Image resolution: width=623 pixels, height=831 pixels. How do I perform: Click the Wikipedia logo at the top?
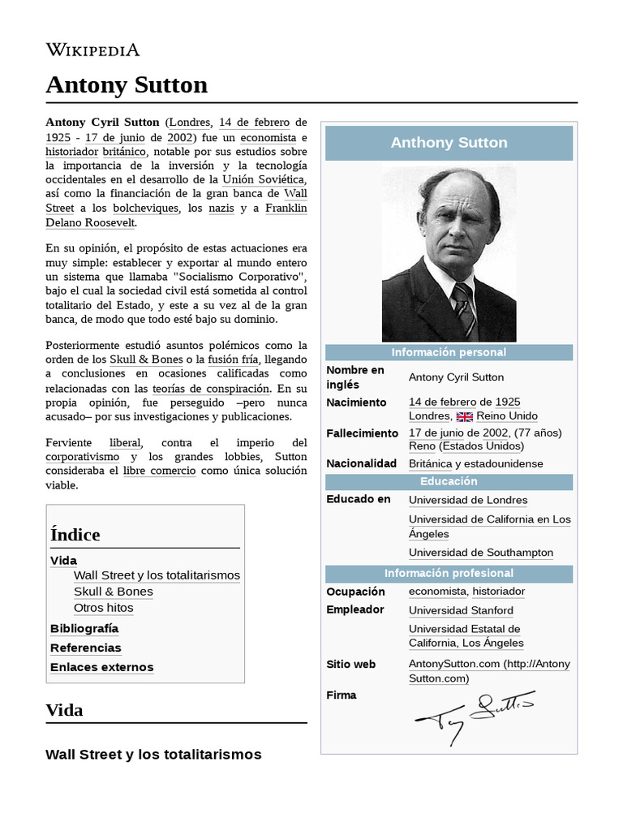point(92,50)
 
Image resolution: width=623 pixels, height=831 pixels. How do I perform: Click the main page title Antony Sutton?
point(127,85)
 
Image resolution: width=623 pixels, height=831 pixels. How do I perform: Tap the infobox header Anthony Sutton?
point(449,143)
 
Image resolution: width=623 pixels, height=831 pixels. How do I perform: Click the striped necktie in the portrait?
point(465,308)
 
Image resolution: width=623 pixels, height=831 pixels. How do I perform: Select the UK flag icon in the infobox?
point(464,416)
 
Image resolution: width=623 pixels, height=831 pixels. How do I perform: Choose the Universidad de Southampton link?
point(480,553)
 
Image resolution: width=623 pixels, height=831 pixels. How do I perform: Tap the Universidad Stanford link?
point(460,610)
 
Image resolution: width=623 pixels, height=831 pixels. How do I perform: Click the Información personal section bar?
point(449,352)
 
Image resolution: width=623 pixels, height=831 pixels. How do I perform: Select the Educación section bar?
point(449,482)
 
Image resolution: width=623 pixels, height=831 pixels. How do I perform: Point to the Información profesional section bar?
point(449,574)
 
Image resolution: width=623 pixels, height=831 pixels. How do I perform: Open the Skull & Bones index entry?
point(113,592)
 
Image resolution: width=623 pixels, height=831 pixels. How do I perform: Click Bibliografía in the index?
point(84,629)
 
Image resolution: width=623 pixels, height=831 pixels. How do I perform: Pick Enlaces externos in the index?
point(101,668)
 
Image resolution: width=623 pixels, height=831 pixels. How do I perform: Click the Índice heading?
point(75,535)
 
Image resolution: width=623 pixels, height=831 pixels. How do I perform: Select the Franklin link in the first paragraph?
point(286,209)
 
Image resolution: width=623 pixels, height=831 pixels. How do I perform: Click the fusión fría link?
point(233,360)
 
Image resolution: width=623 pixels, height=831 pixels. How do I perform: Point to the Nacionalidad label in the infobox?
point(361,463)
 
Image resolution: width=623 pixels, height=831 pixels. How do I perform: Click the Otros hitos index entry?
point(103,608)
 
